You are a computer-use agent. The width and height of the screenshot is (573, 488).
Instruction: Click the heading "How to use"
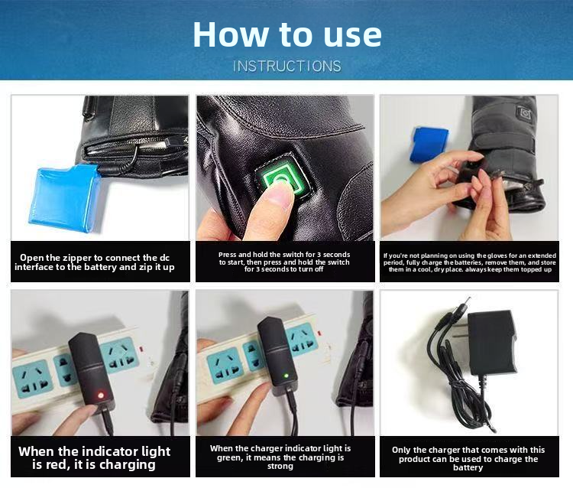[286, 34]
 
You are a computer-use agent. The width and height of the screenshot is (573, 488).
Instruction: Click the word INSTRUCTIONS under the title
[286, 66]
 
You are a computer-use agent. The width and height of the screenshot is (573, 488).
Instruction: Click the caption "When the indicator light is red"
[95, 457]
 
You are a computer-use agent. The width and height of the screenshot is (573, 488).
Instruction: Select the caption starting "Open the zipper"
[95, 262]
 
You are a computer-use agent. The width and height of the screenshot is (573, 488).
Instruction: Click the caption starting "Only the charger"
[468, 459]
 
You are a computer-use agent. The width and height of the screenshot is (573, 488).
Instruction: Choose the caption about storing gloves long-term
[469, 262]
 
